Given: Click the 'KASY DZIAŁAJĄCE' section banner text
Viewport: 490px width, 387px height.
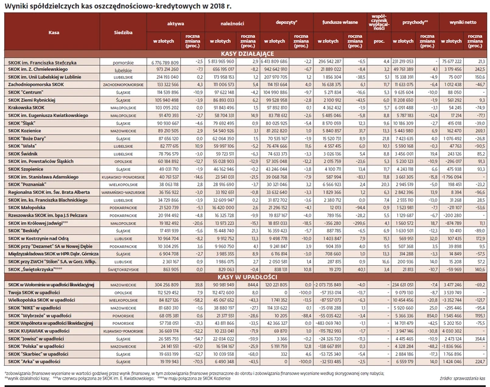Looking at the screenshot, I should (x=245, y=54).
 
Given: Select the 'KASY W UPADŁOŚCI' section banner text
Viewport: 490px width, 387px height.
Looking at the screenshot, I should (x=245, y=276).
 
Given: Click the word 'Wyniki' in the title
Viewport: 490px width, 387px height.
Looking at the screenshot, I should (x=16, y=5).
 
